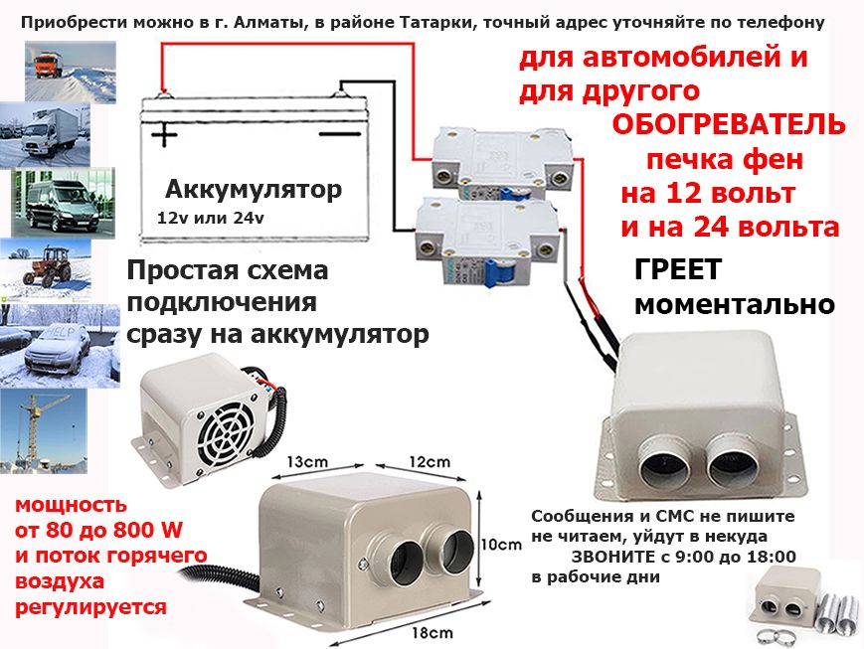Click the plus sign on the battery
tap(164, 133)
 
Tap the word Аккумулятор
tap(254, 189)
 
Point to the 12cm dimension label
tap(430, 462)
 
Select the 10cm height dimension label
tap(501, 545)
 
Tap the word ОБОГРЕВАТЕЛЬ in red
tap(729, 126)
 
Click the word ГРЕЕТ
tap(678, 270)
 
